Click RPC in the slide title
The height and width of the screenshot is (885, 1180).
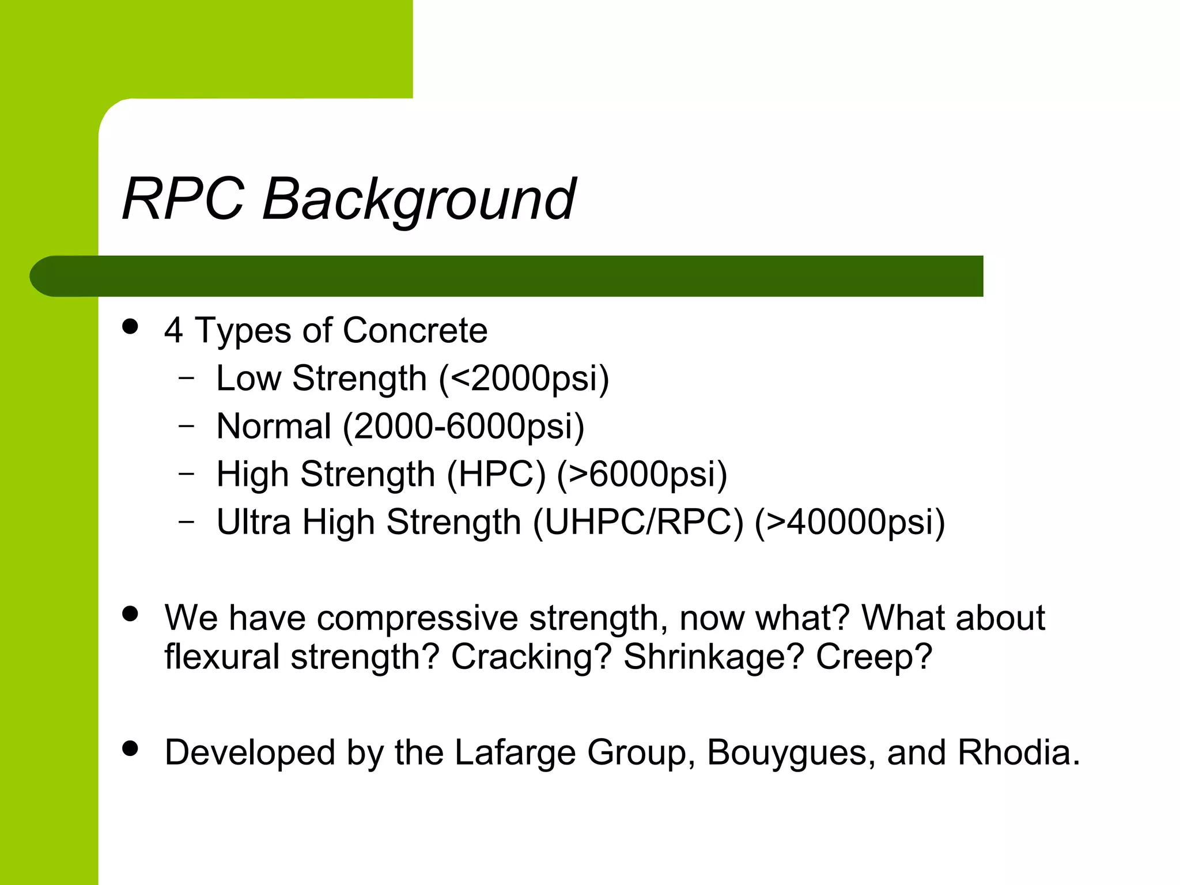point(183,199)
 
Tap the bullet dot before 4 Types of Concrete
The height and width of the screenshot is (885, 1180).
point(131,327)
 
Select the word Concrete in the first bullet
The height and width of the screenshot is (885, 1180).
point(415,331)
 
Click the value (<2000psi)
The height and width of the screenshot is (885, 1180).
point(524,379)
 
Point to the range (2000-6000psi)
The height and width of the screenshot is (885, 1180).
point(463,426)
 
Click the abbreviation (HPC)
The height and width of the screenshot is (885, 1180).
point(496,475)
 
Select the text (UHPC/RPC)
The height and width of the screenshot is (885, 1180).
point(638,523)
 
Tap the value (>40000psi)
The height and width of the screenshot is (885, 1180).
point(850,523)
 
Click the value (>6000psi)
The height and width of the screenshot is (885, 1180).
point(642,475)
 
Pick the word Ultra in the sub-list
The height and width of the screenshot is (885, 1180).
point(254,522)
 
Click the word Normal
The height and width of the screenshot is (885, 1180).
point(274,426)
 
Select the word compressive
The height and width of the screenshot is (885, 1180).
point(417,618)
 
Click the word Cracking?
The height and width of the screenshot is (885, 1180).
point(531,657)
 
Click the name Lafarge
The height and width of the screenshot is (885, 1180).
point(515,752)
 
